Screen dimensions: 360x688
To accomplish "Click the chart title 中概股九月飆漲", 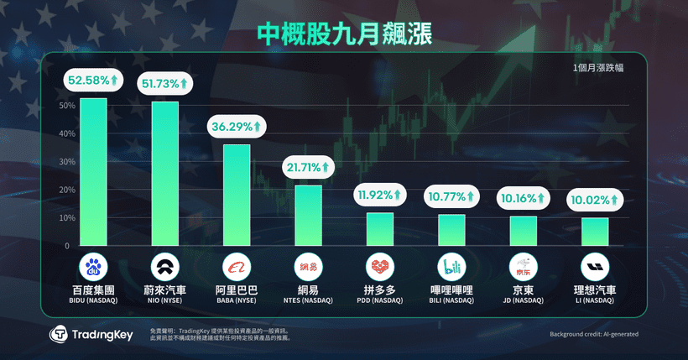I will pos(344,34).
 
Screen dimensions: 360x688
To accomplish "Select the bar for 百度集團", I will pos(93,172).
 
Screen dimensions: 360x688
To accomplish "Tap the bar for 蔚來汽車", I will pos(164,174).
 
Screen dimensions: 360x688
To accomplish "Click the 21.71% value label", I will pos(308,168).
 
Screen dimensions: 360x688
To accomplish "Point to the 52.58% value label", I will pos(93,81).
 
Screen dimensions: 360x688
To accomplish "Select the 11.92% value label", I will pos(380,196).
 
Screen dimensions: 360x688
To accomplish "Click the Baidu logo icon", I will pos(93,268).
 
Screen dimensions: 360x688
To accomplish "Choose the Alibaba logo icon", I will pos(237,268).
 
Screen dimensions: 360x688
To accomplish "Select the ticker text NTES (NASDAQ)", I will pos(308,300).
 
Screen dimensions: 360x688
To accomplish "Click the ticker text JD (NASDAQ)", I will pos(524,300).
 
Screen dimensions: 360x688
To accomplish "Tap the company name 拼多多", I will pos(380,290).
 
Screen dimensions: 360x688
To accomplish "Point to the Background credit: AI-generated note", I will pos(593,334).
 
